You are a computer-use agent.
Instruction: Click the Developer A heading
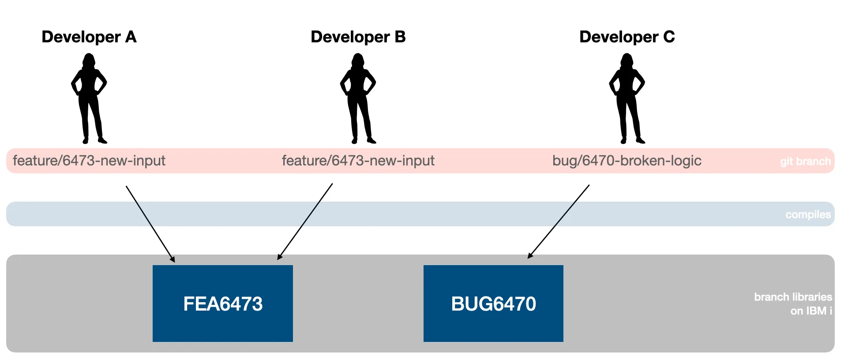(89, 37)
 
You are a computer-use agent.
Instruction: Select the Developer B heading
(358, 37)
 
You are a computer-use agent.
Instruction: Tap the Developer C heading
(627, 37)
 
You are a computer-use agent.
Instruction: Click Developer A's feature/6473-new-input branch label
(89, 161)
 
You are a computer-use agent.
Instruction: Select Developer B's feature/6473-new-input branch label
(358, 161)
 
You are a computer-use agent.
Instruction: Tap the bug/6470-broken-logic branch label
(627, 161)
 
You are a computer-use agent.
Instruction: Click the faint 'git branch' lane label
(805, 161)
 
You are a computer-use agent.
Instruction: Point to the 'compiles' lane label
(808, 214)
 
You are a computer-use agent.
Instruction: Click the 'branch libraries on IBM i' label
(793, 304)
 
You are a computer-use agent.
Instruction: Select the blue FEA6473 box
(223, 304)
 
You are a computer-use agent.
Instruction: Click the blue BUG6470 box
(493, 304)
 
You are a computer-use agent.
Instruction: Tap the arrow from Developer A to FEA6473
(150, 224)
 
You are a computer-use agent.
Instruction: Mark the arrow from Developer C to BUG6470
(559, 221)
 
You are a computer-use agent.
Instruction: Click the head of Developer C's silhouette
(627, 60)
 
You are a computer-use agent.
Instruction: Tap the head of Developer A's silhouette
(89, 60)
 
